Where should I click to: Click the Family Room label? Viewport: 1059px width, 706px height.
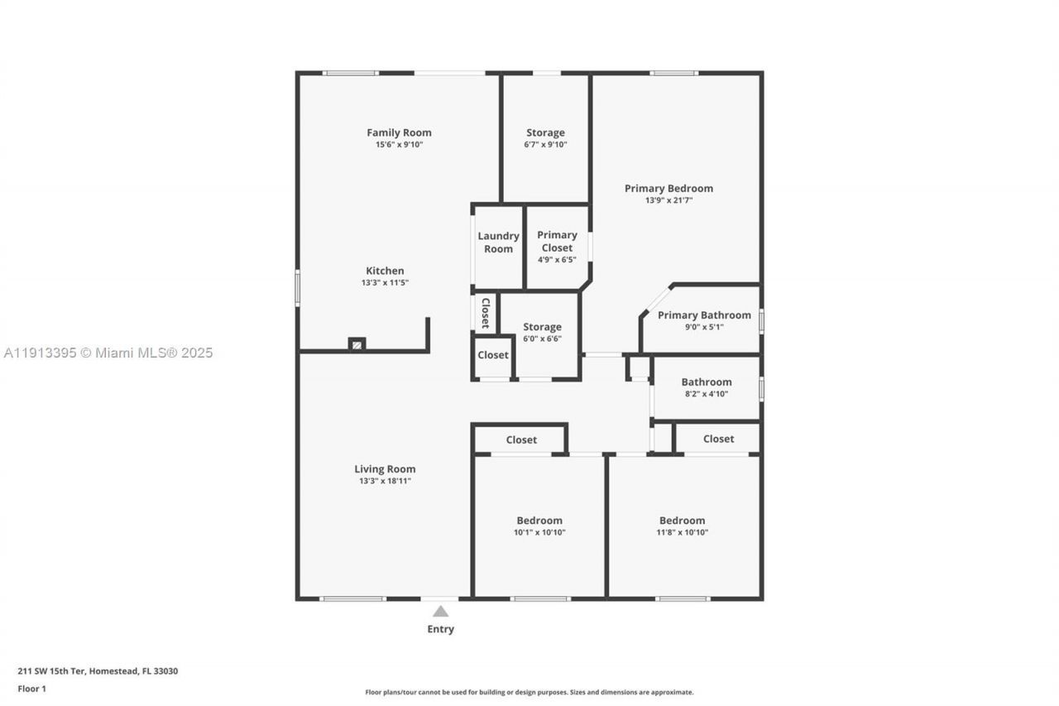pyautogui.click(x=399, y=132)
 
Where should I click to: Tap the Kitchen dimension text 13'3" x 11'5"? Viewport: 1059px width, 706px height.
pyautogui.click(x=385, y=283)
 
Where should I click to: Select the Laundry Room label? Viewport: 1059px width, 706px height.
pyautogui.click(x=498, y=243)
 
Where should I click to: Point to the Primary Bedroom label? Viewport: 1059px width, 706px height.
pyautogui.click(x=668, y=189)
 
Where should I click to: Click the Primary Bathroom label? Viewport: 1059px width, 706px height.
pyautogui.click(x=704, y=315)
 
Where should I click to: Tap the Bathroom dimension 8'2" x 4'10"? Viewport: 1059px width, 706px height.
pyautogui.click(x=706, y=394)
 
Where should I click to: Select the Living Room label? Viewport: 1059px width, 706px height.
pyautogui.click(x=385, y=469)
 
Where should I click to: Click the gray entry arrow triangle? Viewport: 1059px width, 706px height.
pyautogui.click(x=440, y=612)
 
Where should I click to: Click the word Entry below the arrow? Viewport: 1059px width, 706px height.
pyautogui.click(x=440, y=629)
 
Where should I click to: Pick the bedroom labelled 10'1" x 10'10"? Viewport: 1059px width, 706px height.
pyautogui.click(x=539, y=526)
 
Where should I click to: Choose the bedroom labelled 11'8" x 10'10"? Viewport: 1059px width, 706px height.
pyautogui.click(x=682, y=526)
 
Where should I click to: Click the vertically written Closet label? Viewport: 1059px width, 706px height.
pyautogui.click(x=486, y=313)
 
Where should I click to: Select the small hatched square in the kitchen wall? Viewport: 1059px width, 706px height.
pyautogui.click(x=357, y=343)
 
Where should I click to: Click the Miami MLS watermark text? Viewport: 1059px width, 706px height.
pyautogui.click(x=108, y=353)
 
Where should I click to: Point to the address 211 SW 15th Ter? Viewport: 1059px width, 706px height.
pyautogui.click(x=98, y=671)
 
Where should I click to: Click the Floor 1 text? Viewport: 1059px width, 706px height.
pyautogui.click(x=32, y=689)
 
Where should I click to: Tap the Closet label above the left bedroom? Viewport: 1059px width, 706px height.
pyautogui.click(x=521, y=440)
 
